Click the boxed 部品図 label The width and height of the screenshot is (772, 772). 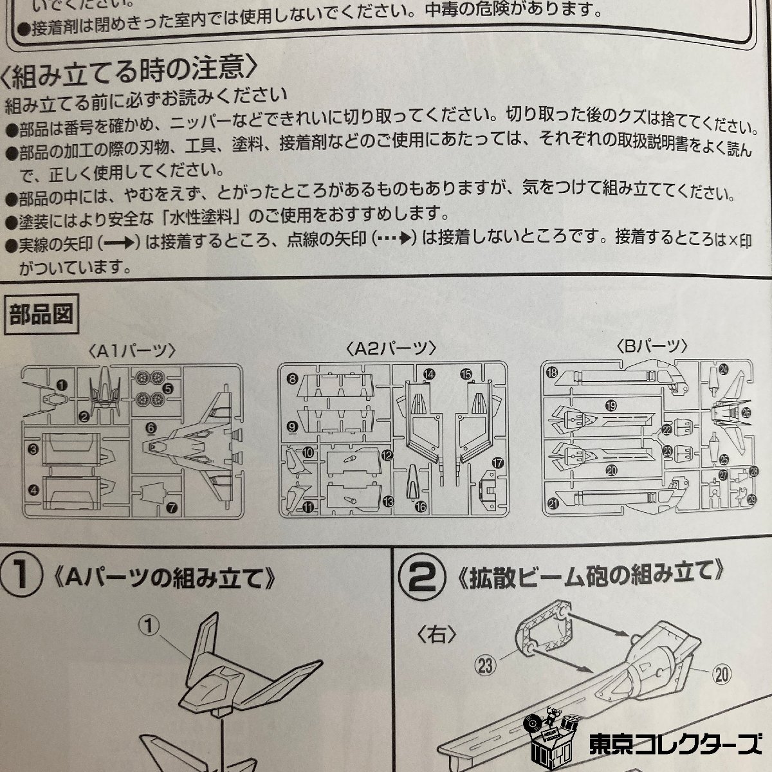tap(41, 314)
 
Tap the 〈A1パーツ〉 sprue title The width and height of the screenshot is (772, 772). tap(132, 351)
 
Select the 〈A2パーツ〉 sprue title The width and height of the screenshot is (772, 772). tap(391, 349)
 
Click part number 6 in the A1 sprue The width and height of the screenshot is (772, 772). tap(151, 428)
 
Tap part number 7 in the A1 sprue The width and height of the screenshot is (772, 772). tap(172, 508)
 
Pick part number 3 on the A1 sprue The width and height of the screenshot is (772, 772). tap(33, 449)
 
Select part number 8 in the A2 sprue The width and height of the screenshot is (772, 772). tap(293, 378)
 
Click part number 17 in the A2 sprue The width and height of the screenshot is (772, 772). tap(497, 463)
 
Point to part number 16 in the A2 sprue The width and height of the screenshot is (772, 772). tap(421, 507)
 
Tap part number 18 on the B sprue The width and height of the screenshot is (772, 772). tap(552, 372)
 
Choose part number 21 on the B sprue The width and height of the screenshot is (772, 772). tap(553, 504)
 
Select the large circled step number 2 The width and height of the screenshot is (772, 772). tap(423, 576)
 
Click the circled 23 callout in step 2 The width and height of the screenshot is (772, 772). tap(485, 665)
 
